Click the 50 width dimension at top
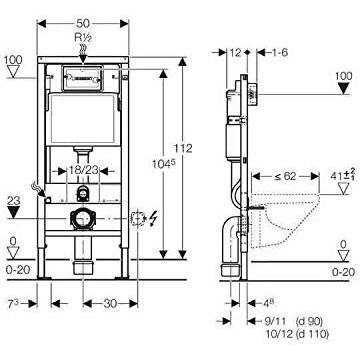coord(83,24)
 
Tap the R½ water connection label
coord(83,37)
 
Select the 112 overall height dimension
coord(183,148)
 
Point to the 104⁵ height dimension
coord(164,164)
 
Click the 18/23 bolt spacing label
coord(84,170)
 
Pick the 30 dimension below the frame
coord(110,303)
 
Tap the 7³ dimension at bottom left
coord(13,303)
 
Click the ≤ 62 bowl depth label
coord(285,176)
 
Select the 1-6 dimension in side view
coord(279,52)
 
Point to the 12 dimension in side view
coord(235,52)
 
